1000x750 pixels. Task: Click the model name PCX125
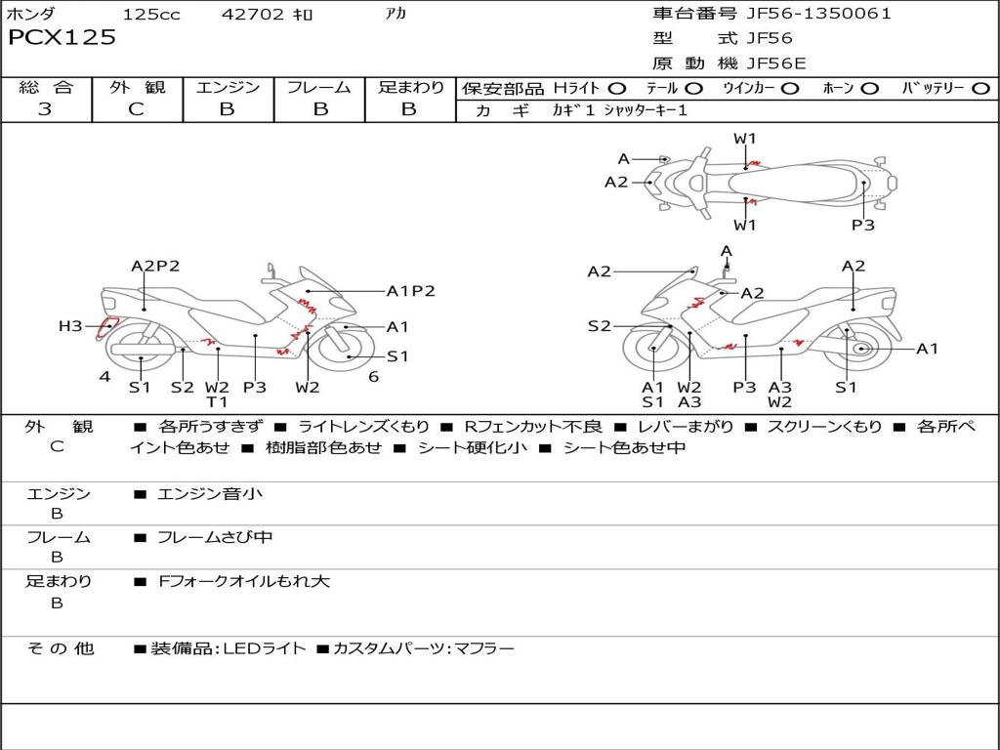(62, 38)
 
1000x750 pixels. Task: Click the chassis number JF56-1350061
(805, 14)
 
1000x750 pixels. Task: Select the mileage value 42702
(253, 15)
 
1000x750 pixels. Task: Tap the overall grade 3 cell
(45, 109)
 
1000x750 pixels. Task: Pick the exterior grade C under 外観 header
(136, 109)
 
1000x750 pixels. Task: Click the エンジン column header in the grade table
(228, 87)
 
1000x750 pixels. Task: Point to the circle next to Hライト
(617, 88)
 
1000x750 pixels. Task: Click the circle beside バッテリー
(980, 88)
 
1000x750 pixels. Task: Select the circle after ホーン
(870, 88)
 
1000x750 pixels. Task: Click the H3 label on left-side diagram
(70, 326)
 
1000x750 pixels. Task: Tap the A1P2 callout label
(410, 290)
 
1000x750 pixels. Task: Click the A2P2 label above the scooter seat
(155, 266)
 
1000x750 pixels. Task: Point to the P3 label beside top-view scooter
(862, 225)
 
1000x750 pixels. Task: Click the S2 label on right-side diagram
(599, 326)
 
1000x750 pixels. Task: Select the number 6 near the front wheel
(373, 377)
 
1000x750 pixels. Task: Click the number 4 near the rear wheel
(104, 377)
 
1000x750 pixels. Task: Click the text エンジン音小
(210, 494)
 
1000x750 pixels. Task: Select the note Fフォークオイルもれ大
(244, 581)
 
